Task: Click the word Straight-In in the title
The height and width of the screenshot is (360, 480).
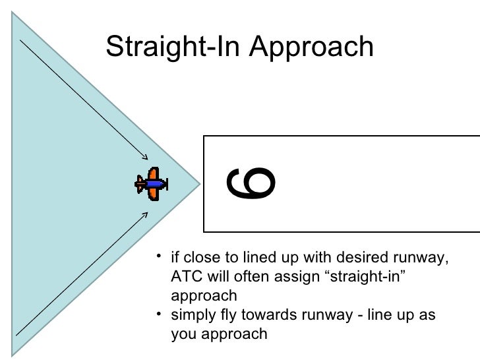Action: [170, 46]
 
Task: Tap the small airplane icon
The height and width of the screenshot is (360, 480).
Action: [151, 184]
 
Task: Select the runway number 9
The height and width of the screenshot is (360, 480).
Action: [252, 183]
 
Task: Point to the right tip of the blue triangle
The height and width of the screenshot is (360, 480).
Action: [200, 181]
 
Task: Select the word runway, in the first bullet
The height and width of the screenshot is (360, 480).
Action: [426, 256]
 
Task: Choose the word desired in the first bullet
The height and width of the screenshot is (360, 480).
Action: [373, 256]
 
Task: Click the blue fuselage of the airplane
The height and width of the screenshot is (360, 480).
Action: [152, 184]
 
